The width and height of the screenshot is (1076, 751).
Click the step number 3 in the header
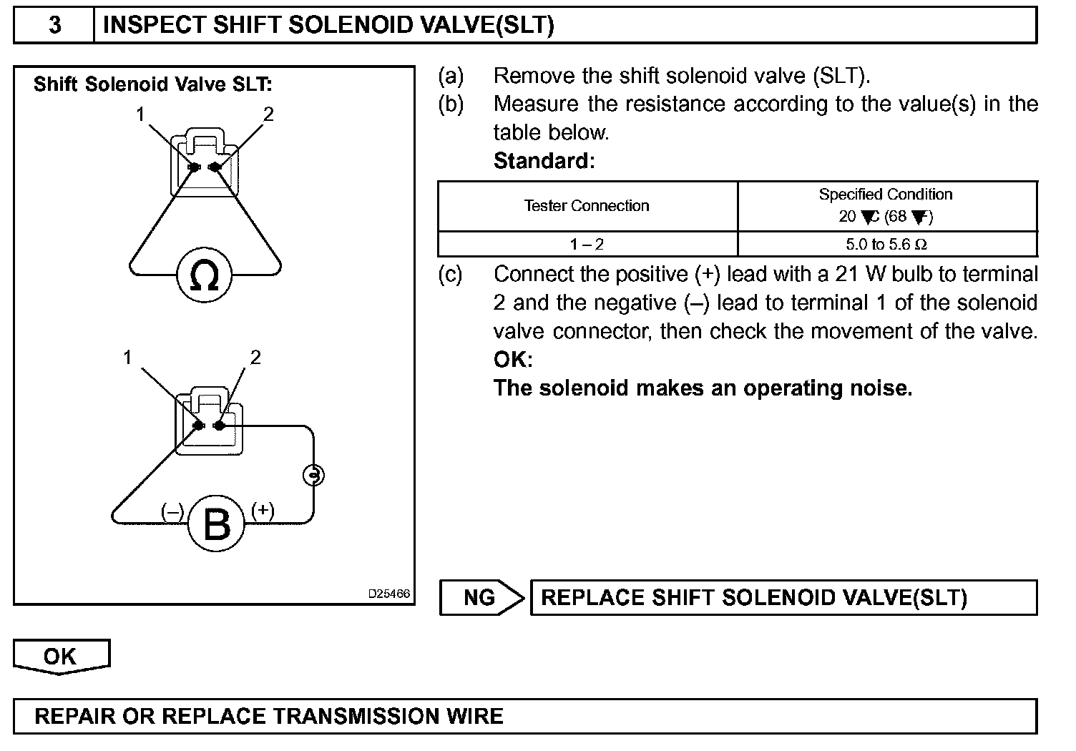[x=54, y=26]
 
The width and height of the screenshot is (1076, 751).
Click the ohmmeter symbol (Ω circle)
[x=205, y=275]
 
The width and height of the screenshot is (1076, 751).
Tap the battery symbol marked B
[x=216, y=524]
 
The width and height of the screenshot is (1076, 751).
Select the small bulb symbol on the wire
[x=313, y=474]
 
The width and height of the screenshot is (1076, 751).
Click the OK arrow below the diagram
[x=61, y=657]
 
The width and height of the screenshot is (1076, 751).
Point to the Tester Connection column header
[x=587, y=206]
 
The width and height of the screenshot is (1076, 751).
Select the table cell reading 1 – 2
[x=587, y=245]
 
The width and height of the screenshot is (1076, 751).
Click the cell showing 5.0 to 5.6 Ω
[x=886, y=245]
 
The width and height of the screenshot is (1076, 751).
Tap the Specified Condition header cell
[x=886, y=205]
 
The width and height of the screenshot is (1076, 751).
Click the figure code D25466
[x=389, y=594]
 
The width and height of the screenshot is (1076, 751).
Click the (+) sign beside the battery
[x=263, y=509]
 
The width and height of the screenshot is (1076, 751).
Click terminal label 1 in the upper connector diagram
[x=141, y=114]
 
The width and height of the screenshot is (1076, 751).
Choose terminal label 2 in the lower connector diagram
[x=255, y=357]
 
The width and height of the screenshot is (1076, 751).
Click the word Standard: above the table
[x=544, y=161]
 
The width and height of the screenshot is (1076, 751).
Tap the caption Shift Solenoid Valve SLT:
[x=152, y=84]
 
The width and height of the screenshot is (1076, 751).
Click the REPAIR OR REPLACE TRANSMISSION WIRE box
[x=525, y=717]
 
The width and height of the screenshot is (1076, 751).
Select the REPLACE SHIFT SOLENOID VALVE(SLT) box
[x=783, y=597]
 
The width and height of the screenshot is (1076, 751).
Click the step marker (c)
[x=450, y=275]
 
